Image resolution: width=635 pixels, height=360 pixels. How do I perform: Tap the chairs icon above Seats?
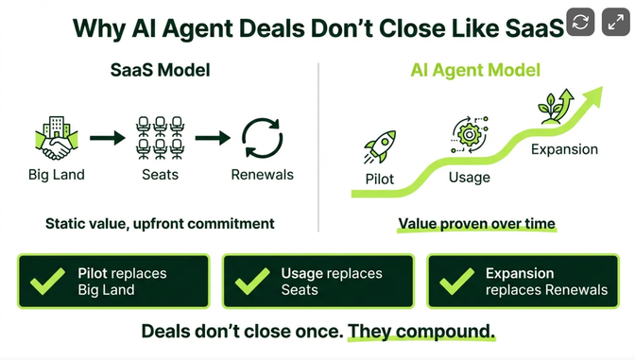158,138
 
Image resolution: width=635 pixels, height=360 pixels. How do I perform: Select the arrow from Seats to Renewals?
211,139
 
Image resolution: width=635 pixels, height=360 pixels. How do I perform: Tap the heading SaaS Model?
159,71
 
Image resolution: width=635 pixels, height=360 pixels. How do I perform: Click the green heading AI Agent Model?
474,71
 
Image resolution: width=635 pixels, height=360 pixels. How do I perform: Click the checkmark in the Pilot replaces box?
47,282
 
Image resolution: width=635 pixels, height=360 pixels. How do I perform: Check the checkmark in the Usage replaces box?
251,282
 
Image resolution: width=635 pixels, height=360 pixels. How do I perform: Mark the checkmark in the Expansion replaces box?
456,282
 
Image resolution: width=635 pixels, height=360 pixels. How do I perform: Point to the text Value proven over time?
476,224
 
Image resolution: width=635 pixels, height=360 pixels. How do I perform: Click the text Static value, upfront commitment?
160,224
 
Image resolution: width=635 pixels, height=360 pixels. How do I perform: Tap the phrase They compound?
420,332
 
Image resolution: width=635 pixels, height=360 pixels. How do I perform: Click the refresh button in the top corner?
579,21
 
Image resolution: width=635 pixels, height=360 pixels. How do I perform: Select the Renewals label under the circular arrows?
262,175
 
